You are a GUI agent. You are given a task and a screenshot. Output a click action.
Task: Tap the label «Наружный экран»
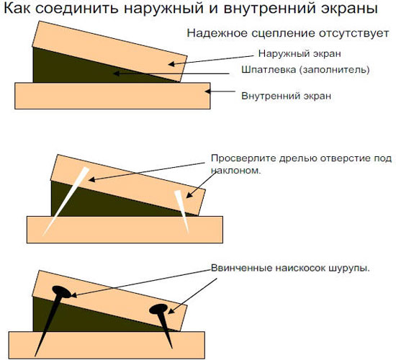300,53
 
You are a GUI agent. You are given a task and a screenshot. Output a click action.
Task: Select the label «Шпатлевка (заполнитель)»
305,69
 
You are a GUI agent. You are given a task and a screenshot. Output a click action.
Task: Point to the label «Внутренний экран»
286,96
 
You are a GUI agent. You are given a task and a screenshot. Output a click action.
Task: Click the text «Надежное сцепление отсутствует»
288,33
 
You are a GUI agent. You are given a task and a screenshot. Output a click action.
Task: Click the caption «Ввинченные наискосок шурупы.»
290,268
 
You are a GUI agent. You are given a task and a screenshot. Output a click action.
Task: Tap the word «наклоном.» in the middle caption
236,170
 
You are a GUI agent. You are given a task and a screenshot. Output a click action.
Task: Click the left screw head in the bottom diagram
61,292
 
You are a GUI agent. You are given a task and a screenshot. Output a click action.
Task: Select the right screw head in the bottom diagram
158,309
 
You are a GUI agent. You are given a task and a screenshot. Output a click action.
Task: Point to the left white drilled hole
66,202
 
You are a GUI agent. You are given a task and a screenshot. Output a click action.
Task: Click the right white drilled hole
182,211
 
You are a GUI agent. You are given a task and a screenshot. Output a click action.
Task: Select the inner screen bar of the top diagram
112,96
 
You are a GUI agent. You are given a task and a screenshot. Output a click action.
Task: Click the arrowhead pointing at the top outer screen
171,64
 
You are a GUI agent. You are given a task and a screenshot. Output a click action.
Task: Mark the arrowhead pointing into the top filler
116,73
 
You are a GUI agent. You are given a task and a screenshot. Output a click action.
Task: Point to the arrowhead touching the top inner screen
207,91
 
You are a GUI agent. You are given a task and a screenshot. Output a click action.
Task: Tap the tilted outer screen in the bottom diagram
110,301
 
